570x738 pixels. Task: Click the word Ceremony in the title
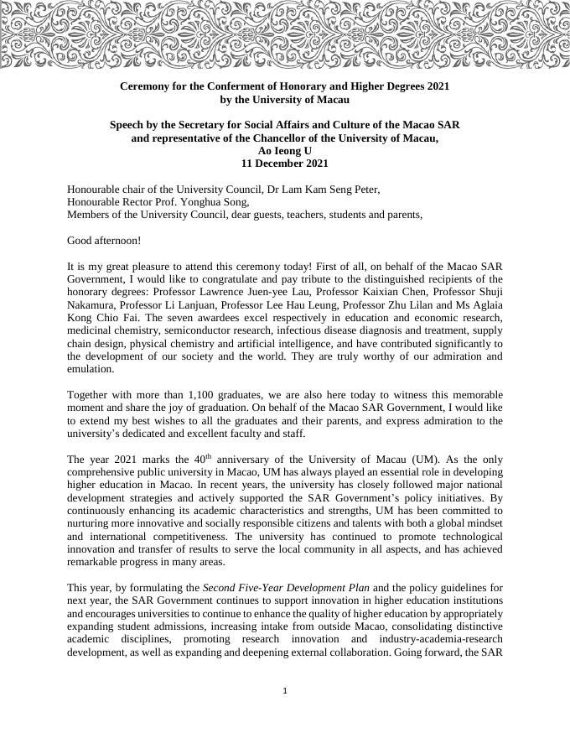145,86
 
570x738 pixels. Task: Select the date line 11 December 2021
285,164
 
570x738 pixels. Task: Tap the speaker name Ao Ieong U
285,151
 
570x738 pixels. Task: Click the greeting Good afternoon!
104,241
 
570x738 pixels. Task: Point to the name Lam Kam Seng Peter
334,190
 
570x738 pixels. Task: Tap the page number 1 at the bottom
285,691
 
